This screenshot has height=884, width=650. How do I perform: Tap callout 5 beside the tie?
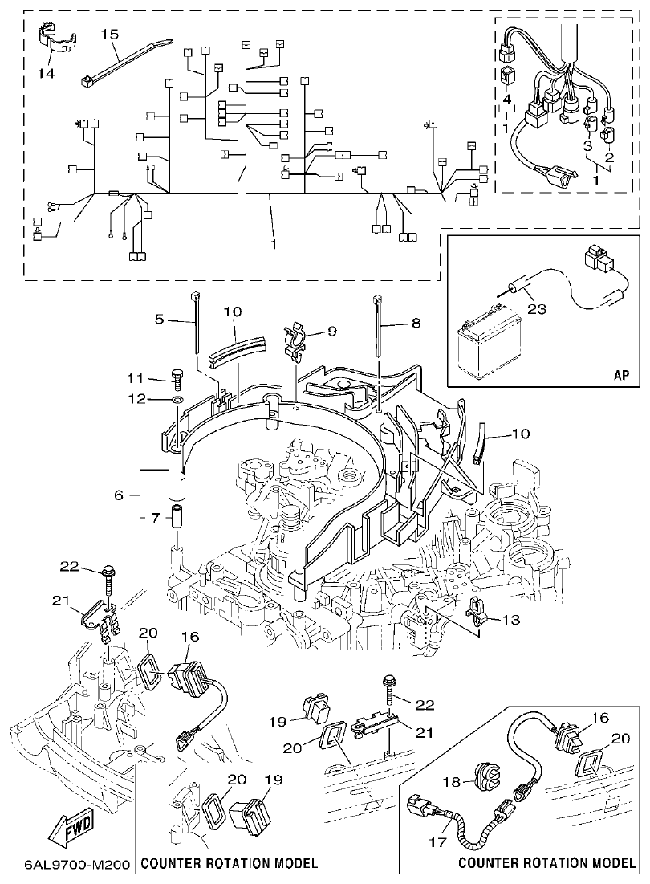coord(159,318)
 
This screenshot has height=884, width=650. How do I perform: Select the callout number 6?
coord(120,495)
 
